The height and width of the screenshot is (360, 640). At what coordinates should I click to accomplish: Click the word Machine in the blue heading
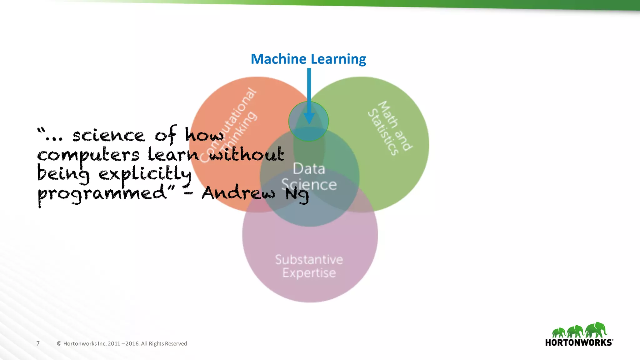(278, 59)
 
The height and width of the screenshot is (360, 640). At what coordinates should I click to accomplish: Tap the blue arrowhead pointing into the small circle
(309, 118)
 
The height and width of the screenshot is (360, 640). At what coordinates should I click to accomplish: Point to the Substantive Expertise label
(309, 266)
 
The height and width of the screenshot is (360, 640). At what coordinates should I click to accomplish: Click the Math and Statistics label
(390, 128)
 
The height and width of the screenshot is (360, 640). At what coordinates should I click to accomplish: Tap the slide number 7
(38, 343)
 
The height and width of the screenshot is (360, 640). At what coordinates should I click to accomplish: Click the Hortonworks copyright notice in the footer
(122, 344)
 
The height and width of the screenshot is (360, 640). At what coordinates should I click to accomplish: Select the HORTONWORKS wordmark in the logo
(579, 342)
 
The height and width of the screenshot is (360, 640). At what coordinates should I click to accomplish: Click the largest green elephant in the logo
(596, 330)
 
